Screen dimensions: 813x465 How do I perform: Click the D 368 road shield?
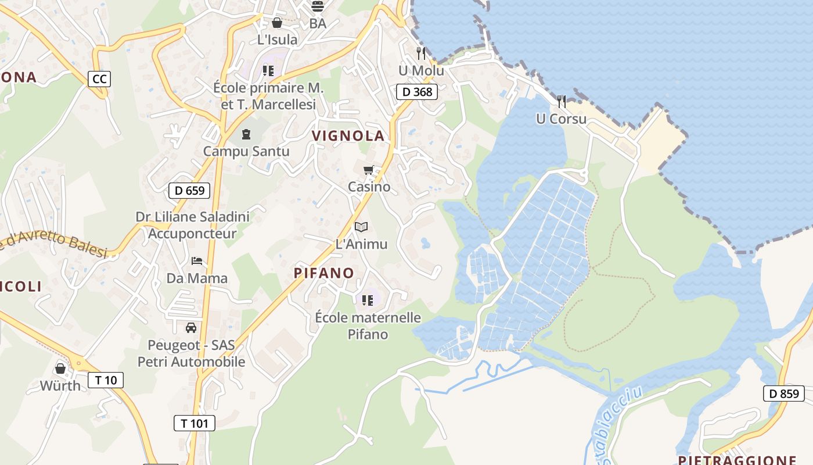click(x=417, y=91)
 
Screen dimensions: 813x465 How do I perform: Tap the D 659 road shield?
click(x=189, y=190)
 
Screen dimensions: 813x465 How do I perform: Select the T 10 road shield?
click(x=106, y=380)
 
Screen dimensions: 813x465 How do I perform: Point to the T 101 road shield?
click(x=195, y=423)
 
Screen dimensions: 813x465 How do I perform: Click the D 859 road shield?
click(x=784, y=394)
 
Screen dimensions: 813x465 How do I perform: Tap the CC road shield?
click(x=99, y=78)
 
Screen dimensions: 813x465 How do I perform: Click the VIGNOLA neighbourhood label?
click(x=348, y=136)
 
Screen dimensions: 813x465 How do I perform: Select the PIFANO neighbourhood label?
click(x=324, y=273)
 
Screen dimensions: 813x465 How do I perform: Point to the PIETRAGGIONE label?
click(x=738, y=460)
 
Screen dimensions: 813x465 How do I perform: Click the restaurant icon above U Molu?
click(x=421, y=53)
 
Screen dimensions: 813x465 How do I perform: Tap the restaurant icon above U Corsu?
click(x=562, y=102)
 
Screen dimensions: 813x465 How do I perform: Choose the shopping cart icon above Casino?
click(x=368, y=170)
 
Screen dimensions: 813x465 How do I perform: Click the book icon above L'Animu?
click(x=361, y=227)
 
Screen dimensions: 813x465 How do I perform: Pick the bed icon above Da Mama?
click(x=197, y=260)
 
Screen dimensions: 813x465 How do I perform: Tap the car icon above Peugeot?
click(x=191, y=328)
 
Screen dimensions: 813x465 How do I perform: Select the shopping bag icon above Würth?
click(x=60, y=369)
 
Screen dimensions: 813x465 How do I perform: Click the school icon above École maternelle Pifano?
click(x=367, y=300)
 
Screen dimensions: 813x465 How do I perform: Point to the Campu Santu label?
click(x=246, y=151)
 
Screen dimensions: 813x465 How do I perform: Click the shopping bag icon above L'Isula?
click(x=277, y=23)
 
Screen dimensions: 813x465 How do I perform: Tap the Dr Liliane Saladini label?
click(x=193, y=217)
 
